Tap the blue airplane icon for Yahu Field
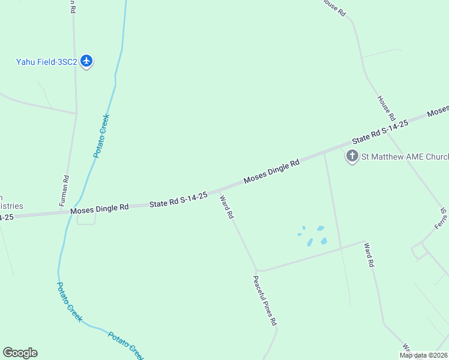click(x=87, y=61)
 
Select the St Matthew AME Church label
click(x=404, y=157)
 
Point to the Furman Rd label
click(x=64, y=191)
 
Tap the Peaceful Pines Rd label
click(x=265, y=300)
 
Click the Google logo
click(x=20, y=353)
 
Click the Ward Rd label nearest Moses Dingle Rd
click(x=226, y=206)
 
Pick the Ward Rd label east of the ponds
click(x=370, y=254)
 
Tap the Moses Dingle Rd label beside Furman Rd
click(x=100, y=209)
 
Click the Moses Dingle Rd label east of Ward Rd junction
click(x=271, y=172)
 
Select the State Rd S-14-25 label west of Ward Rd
click(x=179, y=199)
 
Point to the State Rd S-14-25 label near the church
click(x=380, y=130)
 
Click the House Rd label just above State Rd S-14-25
click(x=385, y=107)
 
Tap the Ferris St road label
click(x=441, y=219)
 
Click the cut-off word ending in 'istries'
click(x=11, y=206)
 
